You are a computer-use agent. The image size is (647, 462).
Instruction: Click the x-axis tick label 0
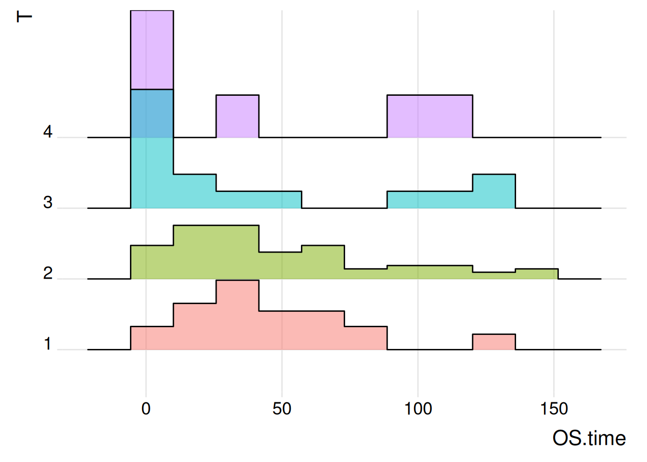click(x=146, y=409)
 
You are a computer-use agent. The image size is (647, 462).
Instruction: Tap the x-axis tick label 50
click(x=282, y=409)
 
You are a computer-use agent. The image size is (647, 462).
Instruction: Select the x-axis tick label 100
click(x=418, y=409)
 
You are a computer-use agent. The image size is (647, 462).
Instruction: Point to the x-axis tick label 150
click(x=554, y=409)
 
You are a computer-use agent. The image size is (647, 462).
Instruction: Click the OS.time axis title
click(x=589, y=438)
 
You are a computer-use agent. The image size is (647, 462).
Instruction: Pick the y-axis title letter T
click(x=24, y=17)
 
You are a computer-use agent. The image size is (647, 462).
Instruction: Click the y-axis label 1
click(x=48, y=344)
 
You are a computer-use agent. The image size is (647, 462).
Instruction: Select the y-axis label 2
click(x=48, y=273)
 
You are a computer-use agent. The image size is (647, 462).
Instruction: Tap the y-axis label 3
click(x=48, y=203)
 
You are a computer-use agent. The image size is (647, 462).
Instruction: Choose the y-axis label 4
click(x=48, y=132)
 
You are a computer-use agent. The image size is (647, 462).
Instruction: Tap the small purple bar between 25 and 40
click(x=237, y=116)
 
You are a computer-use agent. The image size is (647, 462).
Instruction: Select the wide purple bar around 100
click(x=430, y=116)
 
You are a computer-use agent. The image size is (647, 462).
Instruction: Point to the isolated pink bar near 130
click(x=494, y=342)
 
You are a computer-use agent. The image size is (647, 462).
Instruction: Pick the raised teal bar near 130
click(x=494, y=191)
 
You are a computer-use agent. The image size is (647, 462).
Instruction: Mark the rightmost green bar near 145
click(x=536, y=273)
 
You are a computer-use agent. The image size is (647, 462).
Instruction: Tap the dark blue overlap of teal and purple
click(x=152, y=114)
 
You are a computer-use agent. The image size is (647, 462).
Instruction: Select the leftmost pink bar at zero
click(x=152, y=338)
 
